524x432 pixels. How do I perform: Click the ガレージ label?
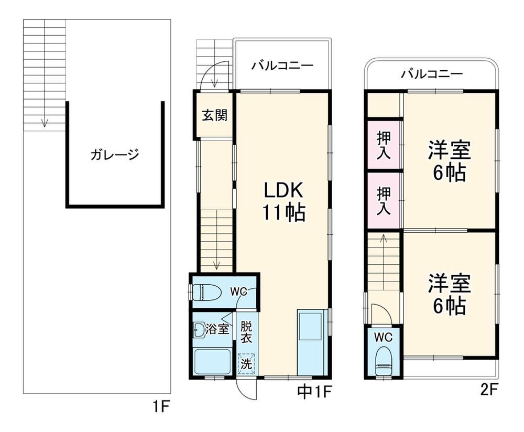(x=115, y=154)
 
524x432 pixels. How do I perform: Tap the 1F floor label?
(x=161, y=407)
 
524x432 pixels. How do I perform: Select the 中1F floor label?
(x=314, y=392)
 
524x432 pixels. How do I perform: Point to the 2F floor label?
(x=489, y=390)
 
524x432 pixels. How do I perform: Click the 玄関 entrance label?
(x=214, y=115)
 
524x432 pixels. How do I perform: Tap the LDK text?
(x=283, y=190)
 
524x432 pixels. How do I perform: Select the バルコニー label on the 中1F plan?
(x=282, y=65)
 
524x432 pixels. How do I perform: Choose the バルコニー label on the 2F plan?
(x=432, y=73)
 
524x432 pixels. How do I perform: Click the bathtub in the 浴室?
(x=213, y=361)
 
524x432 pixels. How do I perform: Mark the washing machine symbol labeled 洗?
(x=247, y=363)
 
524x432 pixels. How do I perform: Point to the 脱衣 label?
(x=246, y=332)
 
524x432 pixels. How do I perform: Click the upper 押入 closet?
(x=384, y=145)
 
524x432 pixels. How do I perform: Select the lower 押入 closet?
(x=384, y=200)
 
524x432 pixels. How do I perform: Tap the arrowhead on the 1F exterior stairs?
(x=44, y=123)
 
